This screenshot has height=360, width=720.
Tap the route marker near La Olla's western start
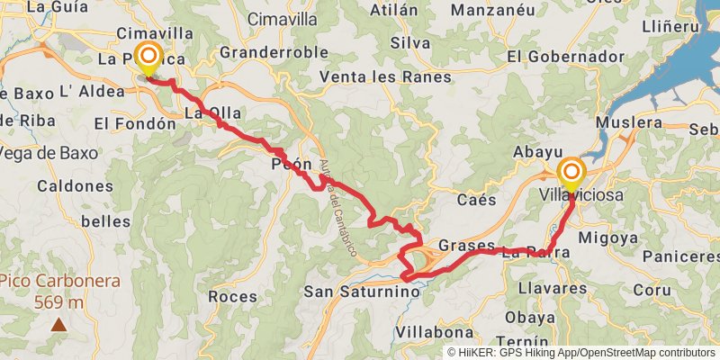(147, 58)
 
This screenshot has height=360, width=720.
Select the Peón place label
(291, 165)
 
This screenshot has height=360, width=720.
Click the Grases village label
(466, 245)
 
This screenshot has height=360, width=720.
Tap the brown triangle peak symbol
(58, 324)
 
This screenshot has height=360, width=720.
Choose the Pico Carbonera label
(59, 281)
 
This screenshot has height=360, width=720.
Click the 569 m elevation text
(59, 302)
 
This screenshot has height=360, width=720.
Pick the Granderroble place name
(274, 52)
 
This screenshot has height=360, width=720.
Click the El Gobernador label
(565, 56)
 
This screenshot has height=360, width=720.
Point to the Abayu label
(537, 153)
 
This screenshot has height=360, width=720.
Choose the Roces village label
(232, 295)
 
